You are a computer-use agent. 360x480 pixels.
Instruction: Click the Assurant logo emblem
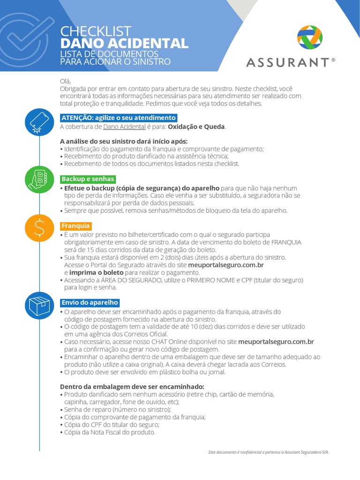pos(310,37)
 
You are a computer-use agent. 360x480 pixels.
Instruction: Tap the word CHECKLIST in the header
pos(96,31)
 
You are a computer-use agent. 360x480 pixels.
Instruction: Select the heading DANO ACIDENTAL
pos(124,44)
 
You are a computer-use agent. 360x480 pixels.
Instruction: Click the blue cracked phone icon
pos(39,122)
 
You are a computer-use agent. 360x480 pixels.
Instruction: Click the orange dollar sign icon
pos(39,227)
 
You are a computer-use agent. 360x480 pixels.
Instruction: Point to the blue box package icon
pos(39,304)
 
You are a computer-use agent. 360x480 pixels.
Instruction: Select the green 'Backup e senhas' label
pos(88,179)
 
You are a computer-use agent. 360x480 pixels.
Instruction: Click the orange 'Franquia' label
pos(76,225)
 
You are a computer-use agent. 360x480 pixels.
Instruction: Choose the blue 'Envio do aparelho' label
pos(90,302)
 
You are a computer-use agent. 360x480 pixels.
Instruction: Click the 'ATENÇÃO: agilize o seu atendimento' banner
pos(119,118)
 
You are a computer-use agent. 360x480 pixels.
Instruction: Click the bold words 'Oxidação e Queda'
pos(196,127)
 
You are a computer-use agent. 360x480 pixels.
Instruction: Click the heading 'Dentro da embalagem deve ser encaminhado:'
pos(132,386)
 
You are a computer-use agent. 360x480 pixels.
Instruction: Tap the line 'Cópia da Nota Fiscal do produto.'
pos(109,432)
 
